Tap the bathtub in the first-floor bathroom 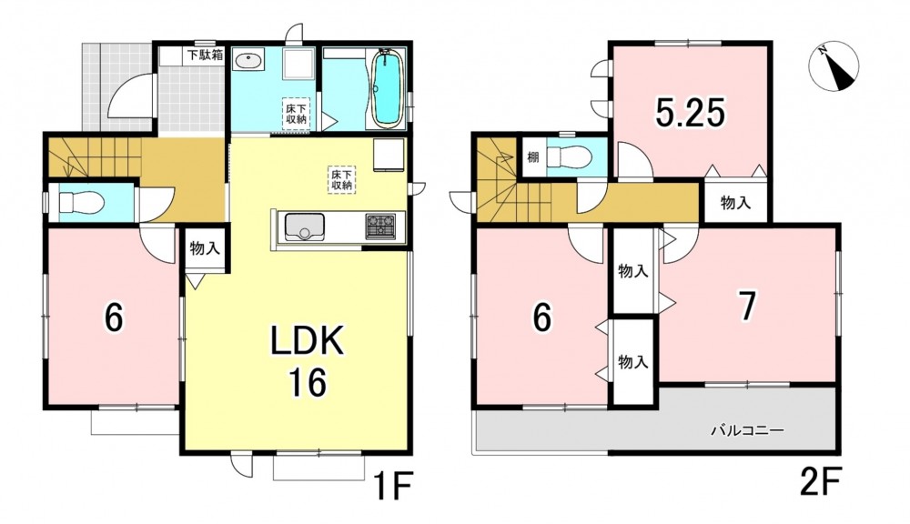point(387,88)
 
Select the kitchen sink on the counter point(303,225)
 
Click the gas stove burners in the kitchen point(380,225)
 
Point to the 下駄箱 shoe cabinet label point(204,55)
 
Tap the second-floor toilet point(569,156)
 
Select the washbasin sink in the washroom point(249,59)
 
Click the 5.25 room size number point(690,113)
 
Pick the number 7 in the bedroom point(747,306)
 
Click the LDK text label point(308,343)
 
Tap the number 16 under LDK point(307,382)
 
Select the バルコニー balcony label point(747,430)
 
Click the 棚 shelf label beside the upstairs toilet point(532,156)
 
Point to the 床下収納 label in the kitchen point(342,179)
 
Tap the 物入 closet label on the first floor point(205,249)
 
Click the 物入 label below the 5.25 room point(736,203)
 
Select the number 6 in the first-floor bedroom point(114,317)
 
